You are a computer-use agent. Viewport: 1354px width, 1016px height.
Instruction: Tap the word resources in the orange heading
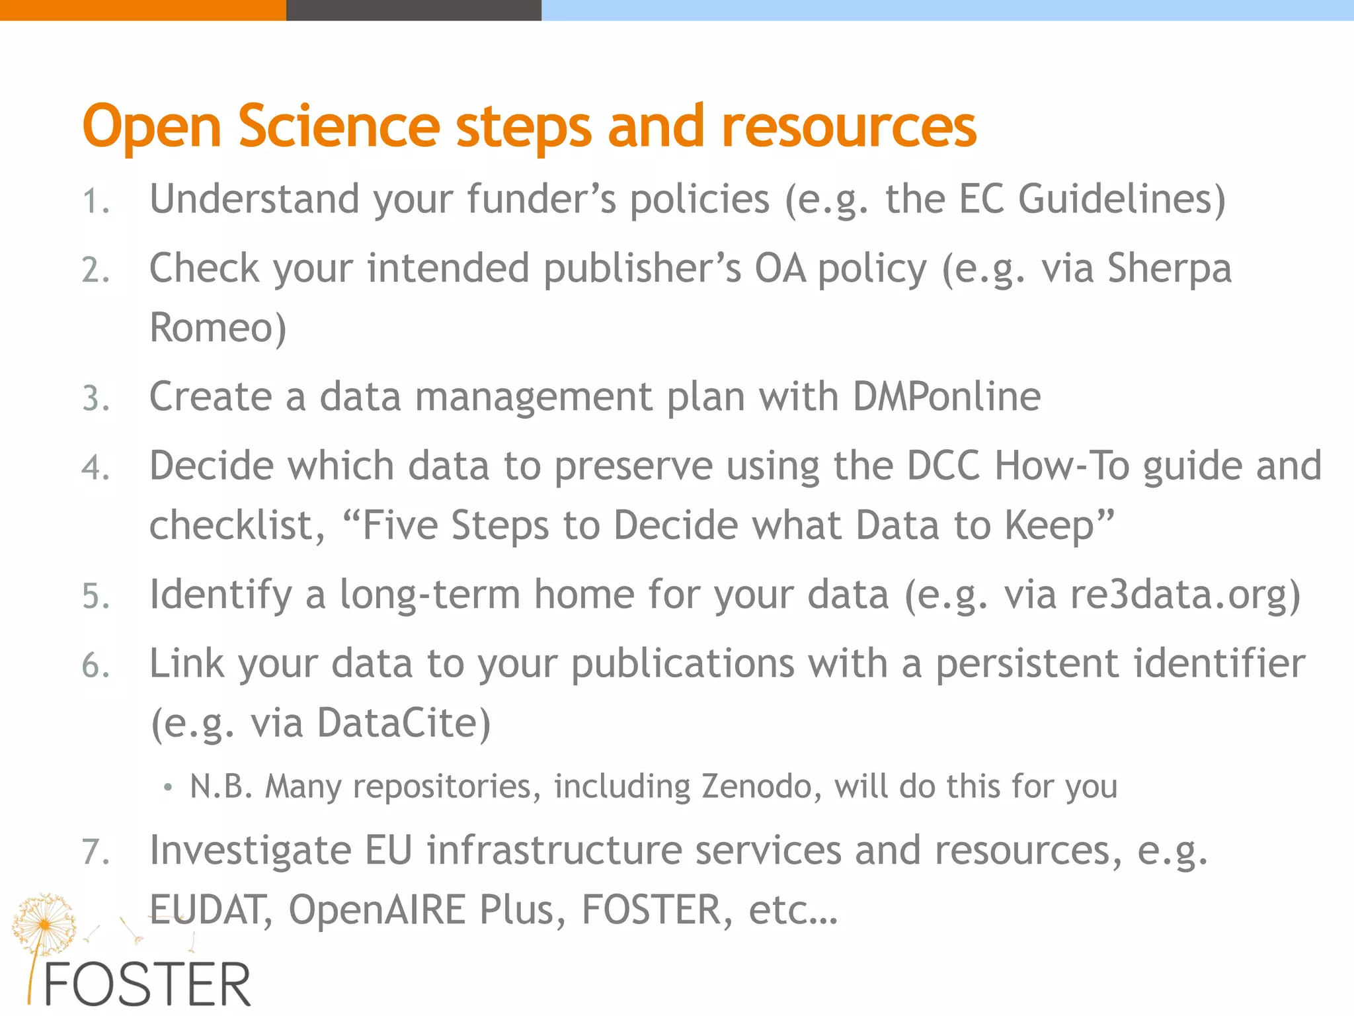coord(849,127)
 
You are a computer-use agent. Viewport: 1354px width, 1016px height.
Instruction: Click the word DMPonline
coord(947,396)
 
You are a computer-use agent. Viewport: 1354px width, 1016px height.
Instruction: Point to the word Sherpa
coord(1169,269)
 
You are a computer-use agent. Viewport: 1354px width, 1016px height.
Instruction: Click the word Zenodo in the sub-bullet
coord(756,786)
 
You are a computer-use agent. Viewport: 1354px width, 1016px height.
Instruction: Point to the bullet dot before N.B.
coord(168,787)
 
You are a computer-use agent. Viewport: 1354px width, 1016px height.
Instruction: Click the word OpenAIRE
coord(377,910)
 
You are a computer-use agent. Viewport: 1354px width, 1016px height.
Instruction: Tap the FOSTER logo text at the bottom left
coord(147,985)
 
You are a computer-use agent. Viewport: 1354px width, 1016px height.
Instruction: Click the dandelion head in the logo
coord(44,923)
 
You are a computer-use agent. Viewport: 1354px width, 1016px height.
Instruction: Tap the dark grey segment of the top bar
coord(413,10)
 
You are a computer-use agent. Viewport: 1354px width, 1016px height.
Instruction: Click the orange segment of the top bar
coord(142,10)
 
